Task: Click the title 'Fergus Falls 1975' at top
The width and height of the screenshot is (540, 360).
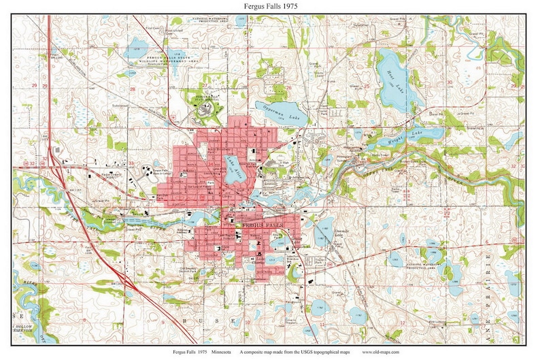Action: tap(270, 6)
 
